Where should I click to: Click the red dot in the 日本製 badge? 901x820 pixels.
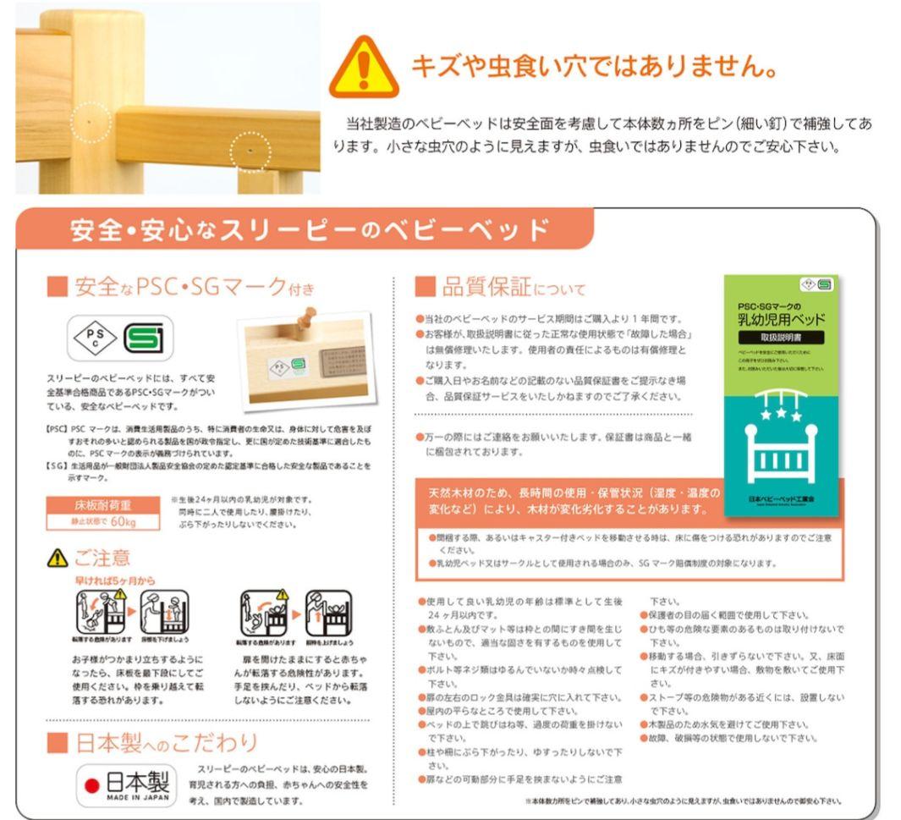coord(92,786)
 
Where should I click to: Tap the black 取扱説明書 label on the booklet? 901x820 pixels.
coord(781,338)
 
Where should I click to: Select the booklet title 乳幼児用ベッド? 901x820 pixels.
coord(781,319)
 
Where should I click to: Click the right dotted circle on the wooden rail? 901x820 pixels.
coord(250,151)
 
